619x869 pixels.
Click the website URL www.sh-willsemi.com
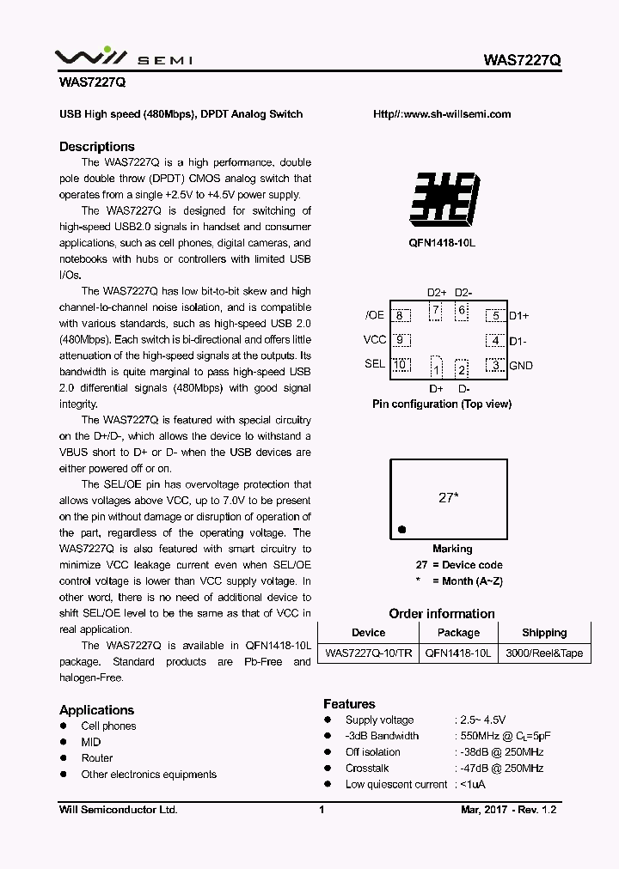pos(442,114)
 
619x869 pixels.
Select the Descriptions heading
pos(97,147)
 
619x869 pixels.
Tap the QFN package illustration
pos(442,199)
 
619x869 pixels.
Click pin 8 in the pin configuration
pos(400,316)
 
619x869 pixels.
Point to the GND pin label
pos(521,366)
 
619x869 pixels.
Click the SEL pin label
pos(375,364)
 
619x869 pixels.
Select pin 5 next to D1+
pos(494,316)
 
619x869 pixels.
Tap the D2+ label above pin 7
pos(437,293)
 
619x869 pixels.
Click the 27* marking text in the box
pos(447,498)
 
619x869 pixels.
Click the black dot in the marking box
pos(401,529)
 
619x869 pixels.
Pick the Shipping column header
pos(544,633)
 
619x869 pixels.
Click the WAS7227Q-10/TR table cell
pos(368,653)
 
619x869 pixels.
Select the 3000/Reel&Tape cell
pos(544,653)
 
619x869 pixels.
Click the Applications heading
pos(97,710)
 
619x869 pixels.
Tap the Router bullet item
pos(97,758)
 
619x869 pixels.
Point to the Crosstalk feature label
pos(367,769)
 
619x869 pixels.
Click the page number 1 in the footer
pos(321,810)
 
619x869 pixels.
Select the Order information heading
pos(442,614)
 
